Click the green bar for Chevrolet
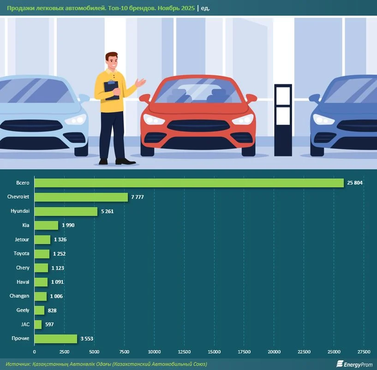click(81, 197)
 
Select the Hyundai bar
click(66, 211)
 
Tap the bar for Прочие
click(56, 339)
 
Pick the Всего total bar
click(189, 183)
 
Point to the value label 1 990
click(68, 226)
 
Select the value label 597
click(49, 325)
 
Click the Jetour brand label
click(22, 239)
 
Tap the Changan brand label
click(19, 296)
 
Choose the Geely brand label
click(23, 310)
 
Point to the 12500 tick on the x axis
click(184, 352)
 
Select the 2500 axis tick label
click(64, 352)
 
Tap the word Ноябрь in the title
click(168, 8)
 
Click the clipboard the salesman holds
click(112, 90)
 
